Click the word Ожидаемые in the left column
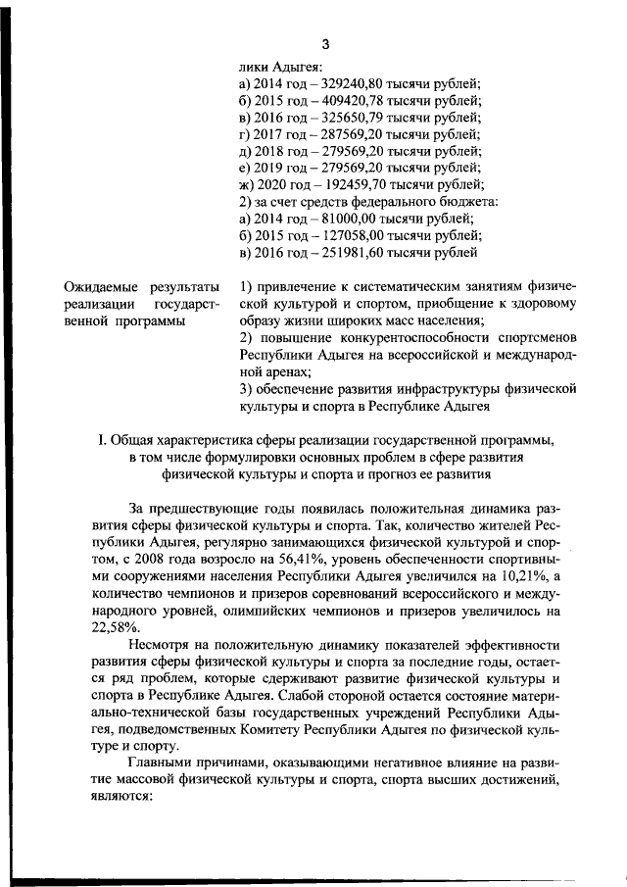100,287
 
